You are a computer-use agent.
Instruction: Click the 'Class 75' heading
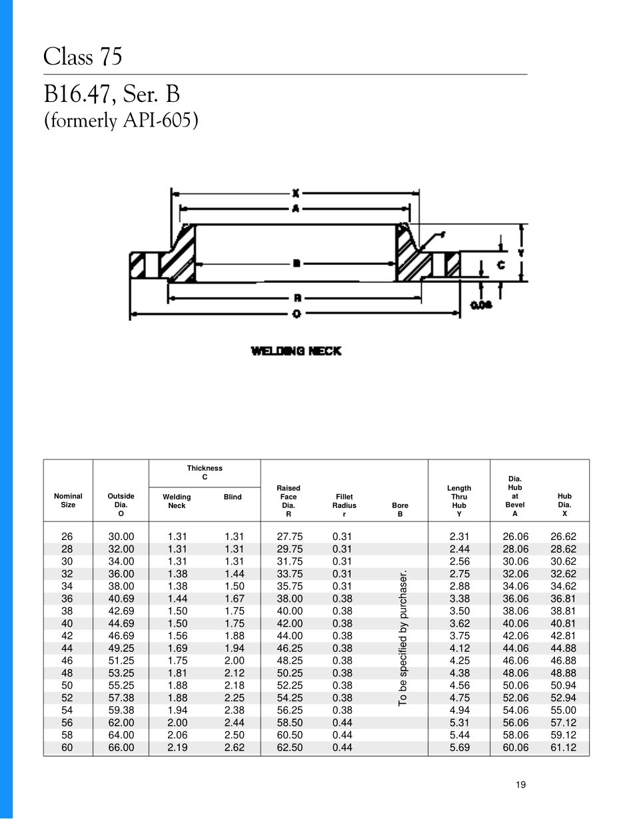(x=83, y=57)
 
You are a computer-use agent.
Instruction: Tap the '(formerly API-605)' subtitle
(x=121, y=121)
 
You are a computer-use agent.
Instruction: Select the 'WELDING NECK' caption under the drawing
(x=296, y=351)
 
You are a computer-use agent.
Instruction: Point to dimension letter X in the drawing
(x=295, y=194)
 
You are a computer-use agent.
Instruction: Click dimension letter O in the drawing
(x=295, y=314)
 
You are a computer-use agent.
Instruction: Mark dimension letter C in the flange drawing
(x=500, y=265)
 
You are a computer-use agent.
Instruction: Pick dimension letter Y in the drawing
(x=521, y=252)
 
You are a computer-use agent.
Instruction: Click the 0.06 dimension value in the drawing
(x=481, y=305)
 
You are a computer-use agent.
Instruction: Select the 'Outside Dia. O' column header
(x=121, y=505)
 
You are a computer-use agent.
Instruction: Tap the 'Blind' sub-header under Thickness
(x=233, y=497)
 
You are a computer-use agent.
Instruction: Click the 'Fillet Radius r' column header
(x=344, y=505)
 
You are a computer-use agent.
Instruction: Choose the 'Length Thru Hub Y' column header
(x=459, y=501)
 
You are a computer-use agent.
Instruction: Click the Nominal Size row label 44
(x=67, y=649)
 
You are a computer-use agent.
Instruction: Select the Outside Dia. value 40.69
(x=121, y=599)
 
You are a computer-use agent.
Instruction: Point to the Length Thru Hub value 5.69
(x=459, y=748)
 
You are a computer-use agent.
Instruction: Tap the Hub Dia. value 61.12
(x=564, y=748)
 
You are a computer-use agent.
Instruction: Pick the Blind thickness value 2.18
(x=233, y=686)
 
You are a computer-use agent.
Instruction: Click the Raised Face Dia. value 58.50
(x=289, y=723)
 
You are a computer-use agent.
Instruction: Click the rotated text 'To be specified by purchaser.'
(x=402, y=638)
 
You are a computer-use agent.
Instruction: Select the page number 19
(x=520, y=785)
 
